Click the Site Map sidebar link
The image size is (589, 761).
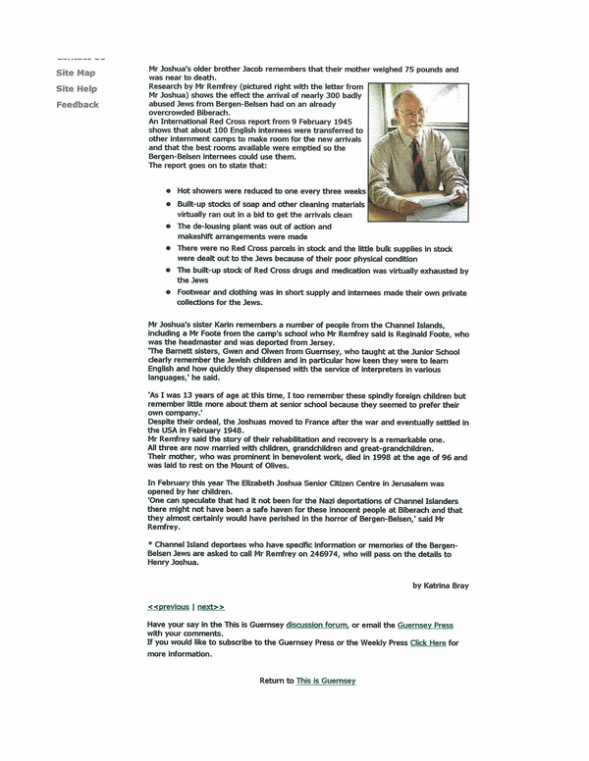[76, 73]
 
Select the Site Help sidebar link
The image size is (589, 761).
[77, 88]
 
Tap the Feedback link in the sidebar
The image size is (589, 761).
[78, 104]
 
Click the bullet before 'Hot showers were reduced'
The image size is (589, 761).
[168, 191]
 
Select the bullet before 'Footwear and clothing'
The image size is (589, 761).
[168, 291]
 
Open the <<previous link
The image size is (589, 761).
[168, 607]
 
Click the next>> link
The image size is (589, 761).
[210, 607]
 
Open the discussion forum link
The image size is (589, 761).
[317, 625]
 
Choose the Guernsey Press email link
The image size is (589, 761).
[425, 625]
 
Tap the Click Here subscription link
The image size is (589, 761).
[428, 643]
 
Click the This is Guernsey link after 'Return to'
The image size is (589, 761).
[326, 681]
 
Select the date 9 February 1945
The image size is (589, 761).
[281, 123]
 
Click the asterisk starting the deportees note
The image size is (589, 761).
[149, 543]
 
